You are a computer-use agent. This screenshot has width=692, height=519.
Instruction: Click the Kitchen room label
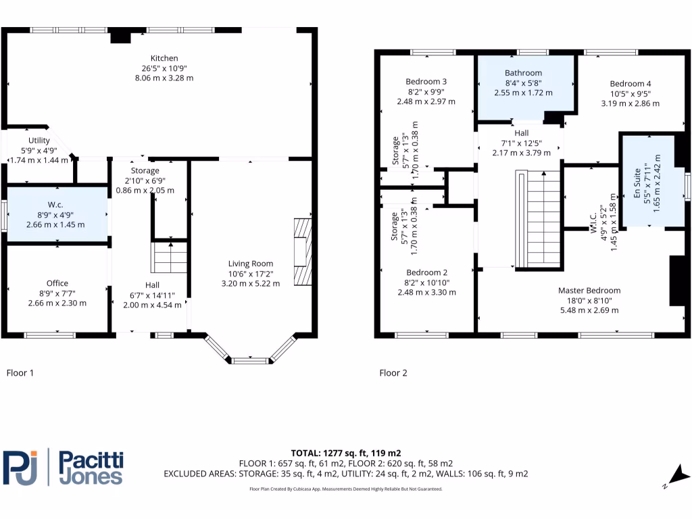coord(164,58)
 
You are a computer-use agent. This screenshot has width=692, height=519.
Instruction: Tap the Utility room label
coord(39,141)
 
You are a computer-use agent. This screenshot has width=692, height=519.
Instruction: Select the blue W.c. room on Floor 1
coord(57,214)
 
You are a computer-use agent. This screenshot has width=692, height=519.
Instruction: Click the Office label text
coord(57,283)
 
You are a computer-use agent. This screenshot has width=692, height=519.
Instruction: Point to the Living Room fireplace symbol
coord(303,251)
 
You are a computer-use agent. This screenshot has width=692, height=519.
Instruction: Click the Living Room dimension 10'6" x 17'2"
coord(251,274)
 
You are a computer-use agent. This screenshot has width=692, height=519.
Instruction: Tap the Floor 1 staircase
coord(170,257)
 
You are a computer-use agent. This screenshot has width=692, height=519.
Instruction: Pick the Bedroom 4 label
coord(631,84)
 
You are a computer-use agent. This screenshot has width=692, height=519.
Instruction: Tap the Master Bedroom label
coord(589,291)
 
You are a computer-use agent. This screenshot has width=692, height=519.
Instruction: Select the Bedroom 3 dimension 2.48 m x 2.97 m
coord(426,101)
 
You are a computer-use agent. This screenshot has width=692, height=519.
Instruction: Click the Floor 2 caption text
coord(393,372)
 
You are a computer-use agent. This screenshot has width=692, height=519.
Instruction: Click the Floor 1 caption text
coord(20,372)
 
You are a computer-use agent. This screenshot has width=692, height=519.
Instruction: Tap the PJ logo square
coord(20,467)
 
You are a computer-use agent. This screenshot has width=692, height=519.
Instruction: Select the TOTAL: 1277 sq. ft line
coord(345,453)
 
